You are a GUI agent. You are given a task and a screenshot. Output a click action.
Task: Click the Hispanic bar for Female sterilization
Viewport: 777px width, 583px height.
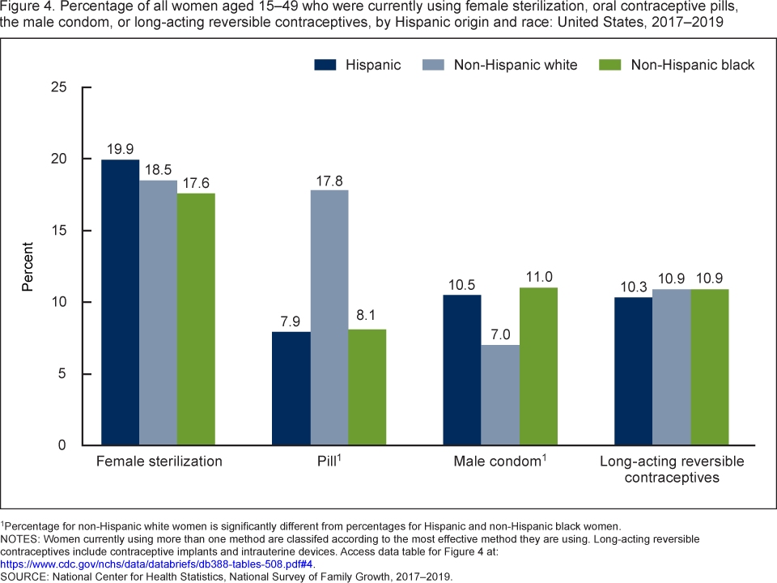pos(119,303)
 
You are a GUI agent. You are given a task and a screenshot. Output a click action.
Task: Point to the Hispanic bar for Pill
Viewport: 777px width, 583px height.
pos(291,389)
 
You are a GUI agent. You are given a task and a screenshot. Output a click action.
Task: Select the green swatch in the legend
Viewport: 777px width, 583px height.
pos(609,65)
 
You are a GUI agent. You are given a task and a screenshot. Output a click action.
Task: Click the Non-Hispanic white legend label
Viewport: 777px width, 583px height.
pos(516,65)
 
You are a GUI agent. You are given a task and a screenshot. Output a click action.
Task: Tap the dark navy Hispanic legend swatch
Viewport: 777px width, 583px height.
pos(325,65)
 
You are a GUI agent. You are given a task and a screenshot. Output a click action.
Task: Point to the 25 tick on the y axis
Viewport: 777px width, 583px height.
pos(59,87)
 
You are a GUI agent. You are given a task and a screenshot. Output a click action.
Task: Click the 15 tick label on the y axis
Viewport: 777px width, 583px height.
pos(59,231)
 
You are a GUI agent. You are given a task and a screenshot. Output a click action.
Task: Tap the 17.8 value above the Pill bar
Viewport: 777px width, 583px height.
pos(329,179)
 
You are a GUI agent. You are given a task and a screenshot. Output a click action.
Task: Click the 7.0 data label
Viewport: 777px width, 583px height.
pos(500,334)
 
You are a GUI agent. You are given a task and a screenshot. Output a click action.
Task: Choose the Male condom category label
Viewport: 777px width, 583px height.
pos(495,462)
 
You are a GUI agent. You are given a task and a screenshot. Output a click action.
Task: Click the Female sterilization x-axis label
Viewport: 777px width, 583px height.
pos(159,462)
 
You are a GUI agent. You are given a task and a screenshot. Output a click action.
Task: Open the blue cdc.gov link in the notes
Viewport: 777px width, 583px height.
pos(157,564)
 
